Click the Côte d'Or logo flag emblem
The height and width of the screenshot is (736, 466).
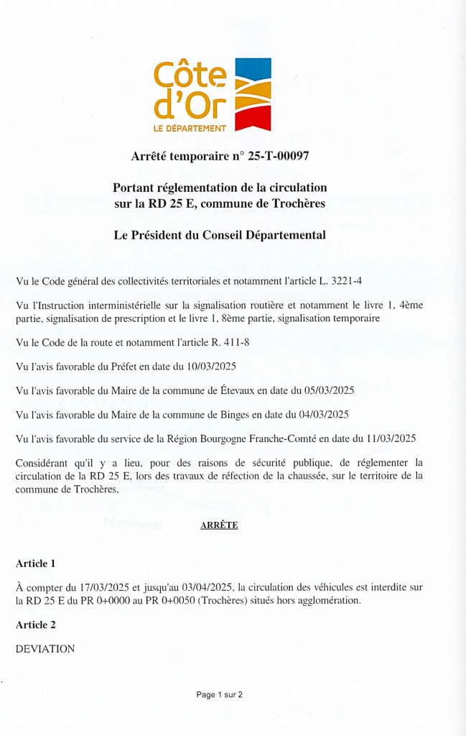pyautogui.click(x=253, y=94)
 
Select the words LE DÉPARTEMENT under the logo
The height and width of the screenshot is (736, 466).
pyautogui.click(x=190, y=128)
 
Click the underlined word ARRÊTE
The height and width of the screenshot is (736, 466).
pyautogui.click(x=219, y=525)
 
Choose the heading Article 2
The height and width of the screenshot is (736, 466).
pyautogui.click(x=35, y=625)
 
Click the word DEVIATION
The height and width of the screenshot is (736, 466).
pyautogui.click(x=45, y=649)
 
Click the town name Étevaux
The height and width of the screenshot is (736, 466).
pyautogui.click(x=237, y=390)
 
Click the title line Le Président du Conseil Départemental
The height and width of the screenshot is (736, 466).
pyautogui.click(x=220, y=235)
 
